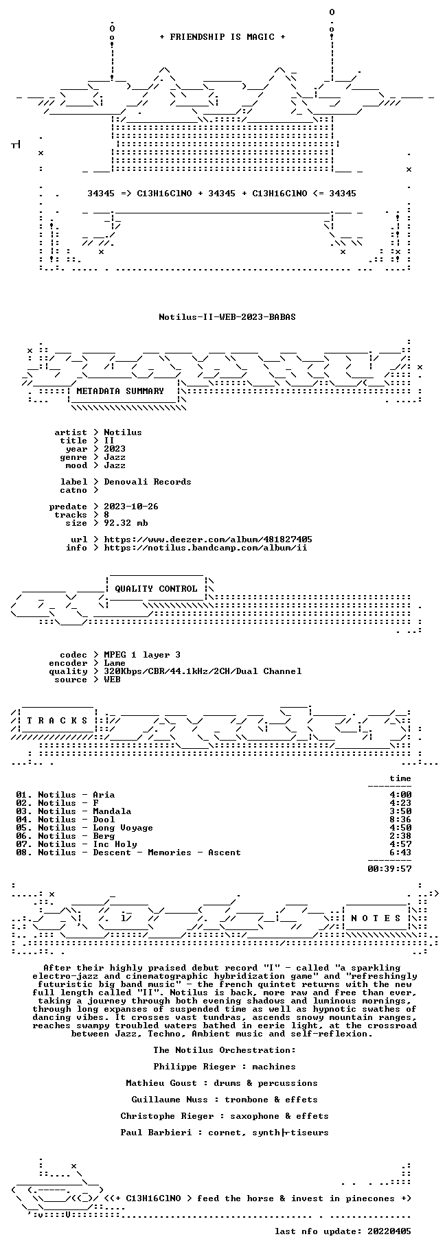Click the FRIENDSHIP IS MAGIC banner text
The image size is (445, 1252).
(222, 37)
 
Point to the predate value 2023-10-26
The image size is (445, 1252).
(131, 507)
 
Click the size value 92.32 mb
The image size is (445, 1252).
(126, 523)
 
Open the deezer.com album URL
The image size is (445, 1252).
(208, 540)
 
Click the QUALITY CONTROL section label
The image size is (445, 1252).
(156, 589)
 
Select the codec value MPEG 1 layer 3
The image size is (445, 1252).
(142, 655)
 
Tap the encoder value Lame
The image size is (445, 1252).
(115, 663)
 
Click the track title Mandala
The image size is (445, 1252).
(112, 811)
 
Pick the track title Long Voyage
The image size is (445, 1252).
(123, 828)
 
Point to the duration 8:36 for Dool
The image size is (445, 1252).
(400, 820)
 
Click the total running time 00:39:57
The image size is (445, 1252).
(389, 868)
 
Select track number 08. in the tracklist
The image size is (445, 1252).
(24, 853)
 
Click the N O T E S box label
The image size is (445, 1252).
(376, 918)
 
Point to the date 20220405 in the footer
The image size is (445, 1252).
(389, 1231)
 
